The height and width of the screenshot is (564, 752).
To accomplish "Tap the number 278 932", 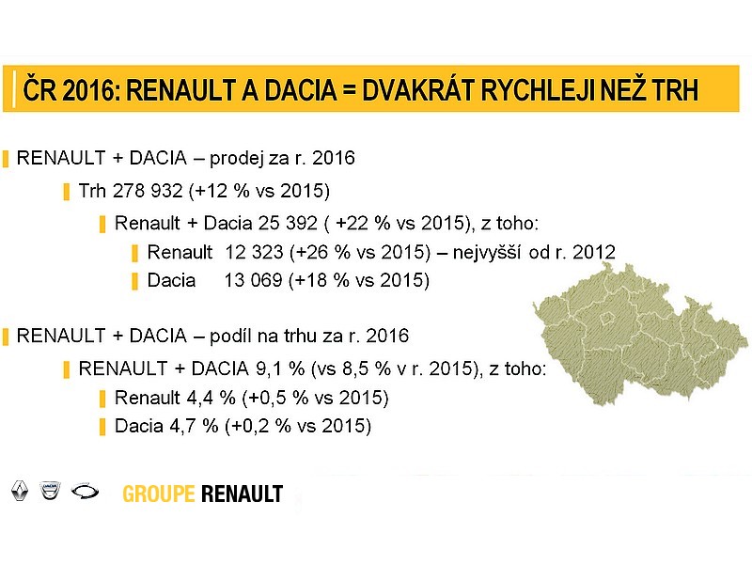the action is [148, 191].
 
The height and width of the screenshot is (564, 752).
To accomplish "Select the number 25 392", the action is [288, 223].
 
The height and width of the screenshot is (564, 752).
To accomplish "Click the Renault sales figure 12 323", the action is [254, 252].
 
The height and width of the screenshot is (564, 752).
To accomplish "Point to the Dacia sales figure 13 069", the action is [253, 280].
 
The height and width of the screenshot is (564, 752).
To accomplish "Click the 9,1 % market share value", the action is [280, 368].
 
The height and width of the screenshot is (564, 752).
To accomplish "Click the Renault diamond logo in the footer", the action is [20, 491].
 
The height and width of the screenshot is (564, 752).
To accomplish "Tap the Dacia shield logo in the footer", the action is [51, 490].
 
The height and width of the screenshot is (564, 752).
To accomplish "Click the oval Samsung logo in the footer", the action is [85, 491].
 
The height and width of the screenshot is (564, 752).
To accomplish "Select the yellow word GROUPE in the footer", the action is [159, 494].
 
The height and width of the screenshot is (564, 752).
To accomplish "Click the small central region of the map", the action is [606, 318].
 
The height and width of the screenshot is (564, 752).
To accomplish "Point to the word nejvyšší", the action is [487, 253].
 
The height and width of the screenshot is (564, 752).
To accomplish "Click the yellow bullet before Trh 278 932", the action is [66, 193].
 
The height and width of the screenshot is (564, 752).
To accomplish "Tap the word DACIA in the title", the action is [301, 89].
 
